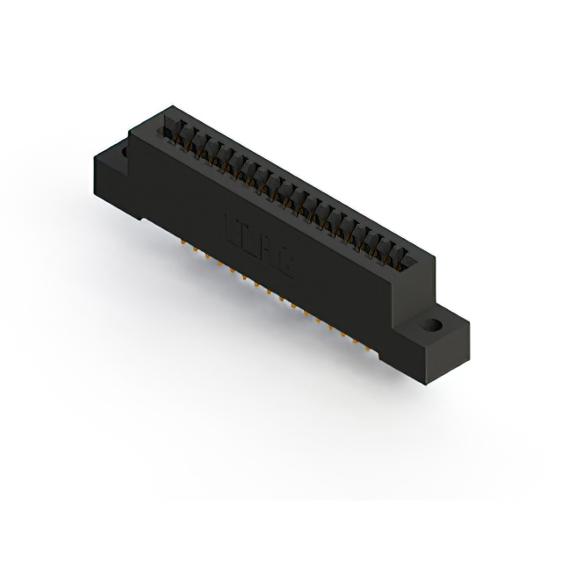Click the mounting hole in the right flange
pos(433,324)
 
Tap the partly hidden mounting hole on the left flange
pos(124,152)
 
